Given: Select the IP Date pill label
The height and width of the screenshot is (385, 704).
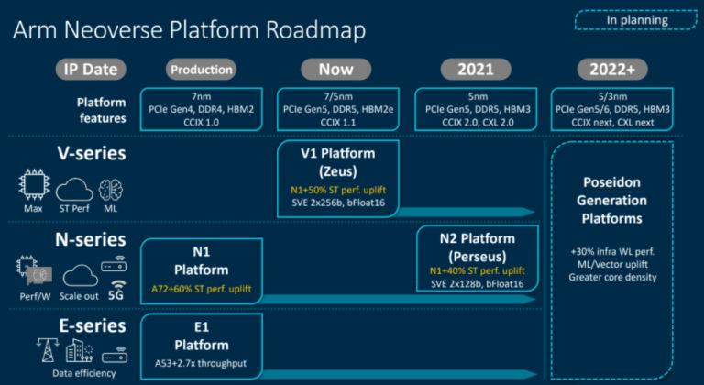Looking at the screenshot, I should (90, 69).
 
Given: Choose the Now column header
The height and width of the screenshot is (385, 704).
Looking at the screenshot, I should (335, 69).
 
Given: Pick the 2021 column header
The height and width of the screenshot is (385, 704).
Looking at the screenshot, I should (474, 69).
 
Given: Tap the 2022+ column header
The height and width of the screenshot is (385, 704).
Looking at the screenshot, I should (612, 69).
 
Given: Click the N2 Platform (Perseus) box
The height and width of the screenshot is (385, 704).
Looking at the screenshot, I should (474, 258).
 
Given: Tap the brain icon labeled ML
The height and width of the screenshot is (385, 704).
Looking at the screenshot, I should (111, 189).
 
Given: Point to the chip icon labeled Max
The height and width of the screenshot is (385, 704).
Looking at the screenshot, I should (34, 189).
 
